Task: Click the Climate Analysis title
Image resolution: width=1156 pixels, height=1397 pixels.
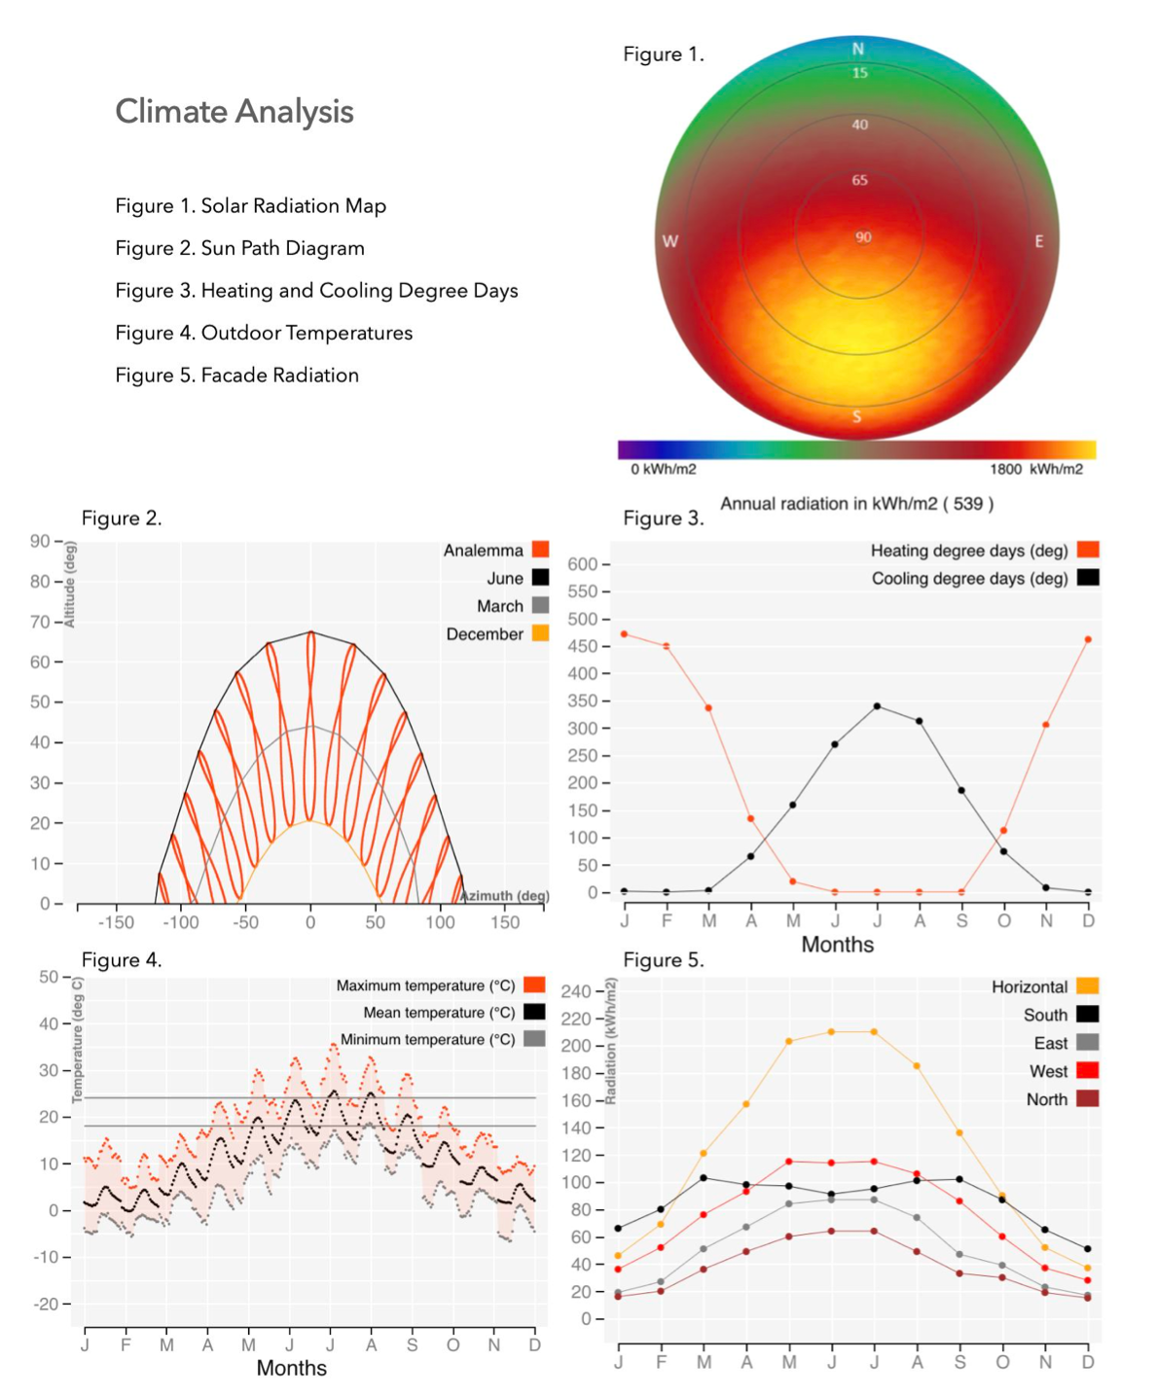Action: [x=234, y=112]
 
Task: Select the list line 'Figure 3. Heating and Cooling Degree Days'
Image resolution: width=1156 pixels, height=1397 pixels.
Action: [x=316, y=291]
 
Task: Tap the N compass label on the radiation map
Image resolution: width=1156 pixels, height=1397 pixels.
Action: [x=858, y=50]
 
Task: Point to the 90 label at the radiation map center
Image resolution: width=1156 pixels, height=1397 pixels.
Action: [x=863, y=237]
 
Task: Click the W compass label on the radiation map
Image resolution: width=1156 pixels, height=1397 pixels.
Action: [x=670, y=241]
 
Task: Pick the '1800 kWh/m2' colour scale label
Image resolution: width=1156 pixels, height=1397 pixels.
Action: [x=1035, y=469]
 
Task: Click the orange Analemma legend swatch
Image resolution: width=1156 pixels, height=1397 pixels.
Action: [x=540, y=550]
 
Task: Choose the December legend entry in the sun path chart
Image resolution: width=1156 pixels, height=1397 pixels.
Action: [x=485, y=634]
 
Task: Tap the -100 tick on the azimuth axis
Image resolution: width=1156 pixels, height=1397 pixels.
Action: [x=180, y=922]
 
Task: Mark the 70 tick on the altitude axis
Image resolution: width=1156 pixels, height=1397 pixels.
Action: [x=41, y=622]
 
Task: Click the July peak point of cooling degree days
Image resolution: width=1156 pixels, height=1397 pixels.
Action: [x=877, y=706]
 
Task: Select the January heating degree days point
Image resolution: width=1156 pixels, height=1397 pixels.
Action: [x=624, y=634]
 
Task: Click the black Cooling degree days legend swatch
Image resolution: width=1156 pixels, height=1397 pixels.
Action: [x=1088, y=578]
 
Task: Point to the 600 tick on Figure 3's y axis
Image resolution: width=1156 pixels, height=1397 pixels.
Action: [x=582, y=564]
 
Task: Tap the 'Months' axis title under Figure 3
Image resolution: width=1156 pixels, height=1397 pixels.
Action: [x=837, y=945]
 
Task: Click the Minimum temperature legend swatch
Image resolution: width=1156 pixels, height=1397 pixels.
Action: [x=534, y=1039]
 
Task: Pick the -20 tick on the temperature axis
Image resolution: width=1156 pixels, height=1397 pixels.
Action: [x=47, y=1304]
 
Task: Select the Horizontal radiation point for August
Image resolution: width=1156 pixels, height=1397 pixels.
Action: [x=917, y=1066]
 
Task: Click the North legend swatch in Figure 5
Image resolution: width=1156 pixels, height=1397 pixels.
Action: [x=1088, y=1099]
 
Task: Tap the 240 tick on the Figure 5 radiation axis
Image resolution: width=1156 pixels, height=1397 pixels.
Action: [x=576, y=991]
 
